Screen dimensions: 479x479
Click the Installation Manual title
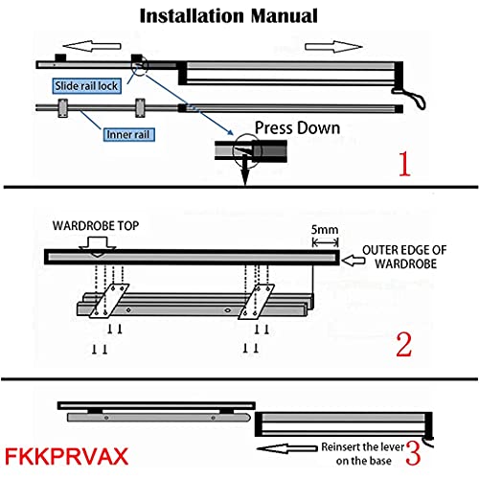tap(229, 16)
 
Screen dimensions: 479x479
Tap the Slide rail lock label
tap(86, 86)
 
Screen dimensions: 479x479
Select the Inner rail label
tap(128, 134)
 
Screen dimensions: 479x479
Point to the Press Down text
tap(297, 128)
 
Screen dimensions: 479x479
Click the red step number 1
tap(404, 164)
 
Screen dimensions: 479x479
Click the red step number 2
tap(404, 345)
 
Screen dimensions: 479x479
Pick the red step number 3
tap(413, 453)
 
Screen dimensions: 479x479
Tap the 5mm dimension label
tap(325, 230)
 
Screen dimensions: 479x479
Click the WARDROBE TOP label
tap(96, 226)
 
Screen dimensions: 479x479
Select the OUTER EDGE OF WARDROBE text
tap(404, 257)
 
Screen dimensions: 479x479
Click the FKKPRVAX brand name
tap(66, 456)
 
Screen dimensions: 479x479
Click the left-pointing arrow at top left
tap(92, 46)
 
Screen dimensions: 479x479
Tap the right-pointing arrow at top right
tap(334, 47)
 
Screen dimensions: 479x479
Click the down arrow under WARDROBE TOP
tap(98, 246)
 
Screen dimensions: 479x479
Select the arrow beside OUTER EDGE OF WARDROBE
tap(354, 261)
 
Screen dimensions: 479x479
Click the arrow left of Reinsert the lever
tap(287, 448)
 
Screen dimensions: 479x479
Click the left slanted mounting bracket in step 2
tap(109, 301)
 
